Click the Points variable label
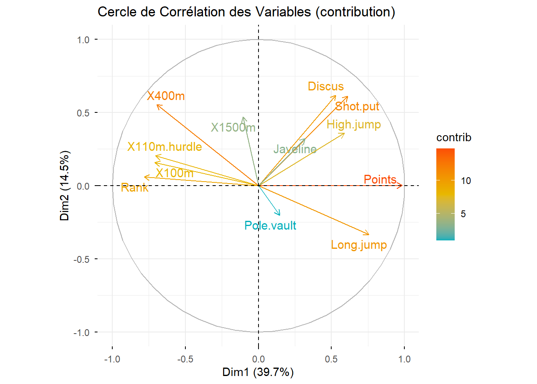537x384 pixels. [x=380, y=180]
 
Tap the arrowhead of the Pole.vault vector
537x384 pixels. [x=280, y=215]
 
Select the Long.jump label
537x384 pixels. [x=359, y=245]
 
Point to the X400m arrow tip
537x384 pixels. [x=157, y=105]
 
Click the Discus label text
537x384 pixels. [x=326, y=86]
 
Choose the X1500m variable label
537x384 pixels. [x=233, y=128]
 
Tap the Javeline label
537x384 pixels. [x=295, y=149]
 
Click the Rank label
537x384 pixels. [x=135, y=188]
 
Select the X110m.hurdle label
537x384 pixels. [x=165, y=147]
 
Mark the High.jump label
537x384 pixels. [x=354, y=124]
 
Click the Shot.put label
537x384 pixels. [x=357, y=106]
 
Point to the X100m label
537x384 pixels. [x=175, y=173]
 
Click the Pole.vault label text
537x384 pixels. [x=270, y=226]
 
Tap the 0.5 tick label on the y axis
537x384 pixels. [x=83, y=113]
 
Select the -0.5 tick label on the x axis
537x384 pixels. [x=185, y=359]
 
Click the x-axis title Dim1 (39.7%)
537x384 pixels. [x=258, y=372]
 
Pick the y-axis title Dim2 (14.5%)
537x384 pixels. [x=65, y=186]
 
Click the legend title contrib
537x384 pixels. [x=453, y=138]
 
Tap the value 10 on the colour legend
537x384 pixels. [x=466, y=181]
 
